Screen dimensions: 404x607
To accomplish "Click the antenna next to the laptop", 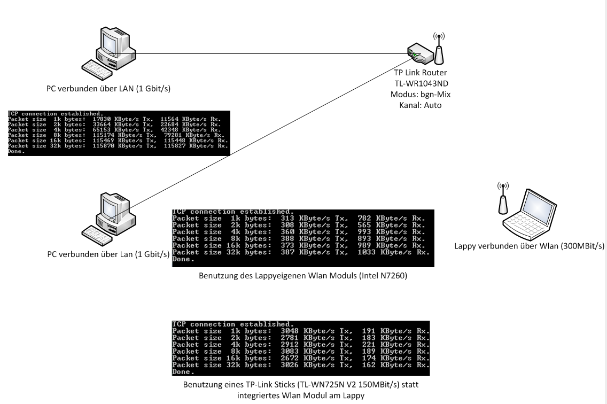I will point(503,200).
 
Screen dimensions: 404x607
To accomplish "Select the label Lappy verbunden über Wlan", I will point(529,246).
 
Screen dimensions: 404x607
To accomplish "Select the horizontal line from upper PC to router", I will point(267,53).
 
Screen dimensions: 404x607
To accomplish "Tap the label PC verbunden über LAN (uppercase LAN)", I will point(108,88).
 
